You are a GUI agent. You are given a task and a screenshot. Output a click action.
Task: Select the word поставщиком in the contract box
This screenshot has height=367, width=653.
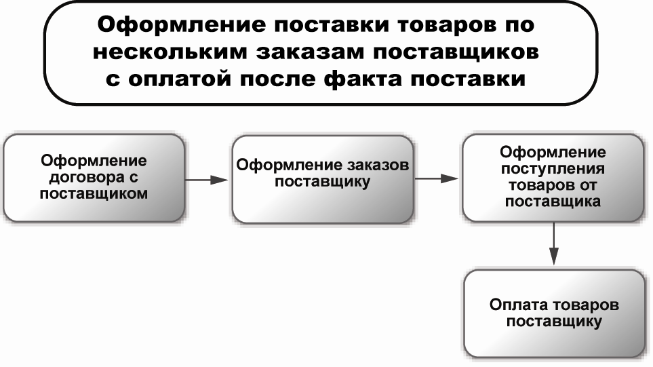click(x=94, y=193)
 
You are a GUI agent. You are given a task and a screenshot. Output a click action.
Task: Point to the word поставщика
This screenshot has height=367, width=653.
click(x=553, y=201)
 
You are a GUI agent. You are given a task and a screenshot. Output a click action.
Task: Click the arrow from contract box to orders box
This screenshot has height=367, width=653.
click(x=207, y=180)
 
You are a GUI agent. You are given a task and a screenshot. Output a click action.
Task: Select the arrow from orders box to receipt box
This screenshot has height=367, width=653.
click(x=437, y=178)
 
